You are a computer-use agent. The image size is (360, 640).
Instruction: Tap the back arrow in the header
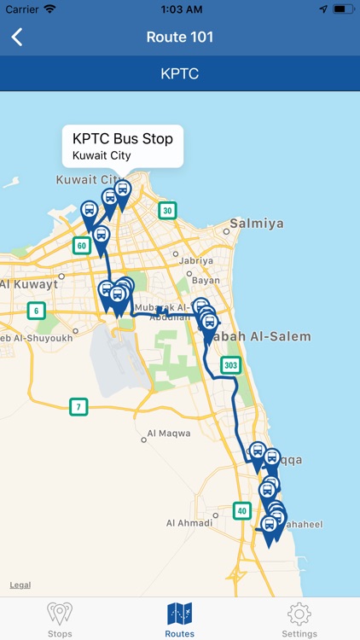[17, 37]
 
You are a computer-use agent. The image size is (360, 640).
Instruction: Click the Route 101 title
[180, 37]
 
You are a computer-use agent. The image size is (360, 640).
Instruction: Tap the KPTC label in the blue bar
[180, 73]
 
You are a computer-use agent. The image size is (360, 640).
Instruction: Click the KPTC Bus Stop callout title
[123, 139]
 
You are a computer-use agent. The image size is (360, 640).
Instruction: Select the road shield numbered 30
[168, 211]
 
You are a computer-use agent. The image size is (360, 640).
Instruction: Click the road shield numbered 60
[82, 246]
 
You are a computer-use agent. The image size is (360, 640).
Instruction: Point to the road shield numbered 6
[35, 311]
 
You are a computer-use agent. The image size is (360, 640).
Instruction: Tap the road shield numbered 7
[78, 407]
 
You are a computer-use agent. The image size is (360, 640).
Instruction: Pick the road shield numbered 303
[230, 365]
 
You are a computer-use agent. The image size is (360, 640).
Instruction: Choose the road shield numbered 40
[242, 510]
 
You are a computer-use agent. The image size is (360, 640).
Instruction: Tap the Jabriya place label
[196, 261]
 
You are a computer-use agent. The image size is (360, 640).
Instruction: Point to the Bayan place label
[206, 280]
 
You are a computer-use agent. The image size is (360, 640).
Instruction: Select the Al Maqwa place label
[169, 433]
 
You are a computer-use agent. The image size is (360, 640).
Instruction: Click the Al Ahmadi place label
[187, 523]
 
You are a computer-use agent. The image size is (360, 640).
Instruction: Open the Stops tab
[60, 619]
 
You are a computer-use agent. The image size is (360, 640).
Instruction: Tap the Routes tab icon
[180, 613]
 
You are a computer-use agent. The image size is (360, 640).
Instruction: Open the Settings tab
[299, 619]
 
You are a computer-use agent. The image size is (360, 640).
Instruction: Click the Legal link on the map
[20, 585]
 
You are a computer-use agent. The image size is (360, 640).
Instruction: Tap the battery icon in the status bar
[344, 9]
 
